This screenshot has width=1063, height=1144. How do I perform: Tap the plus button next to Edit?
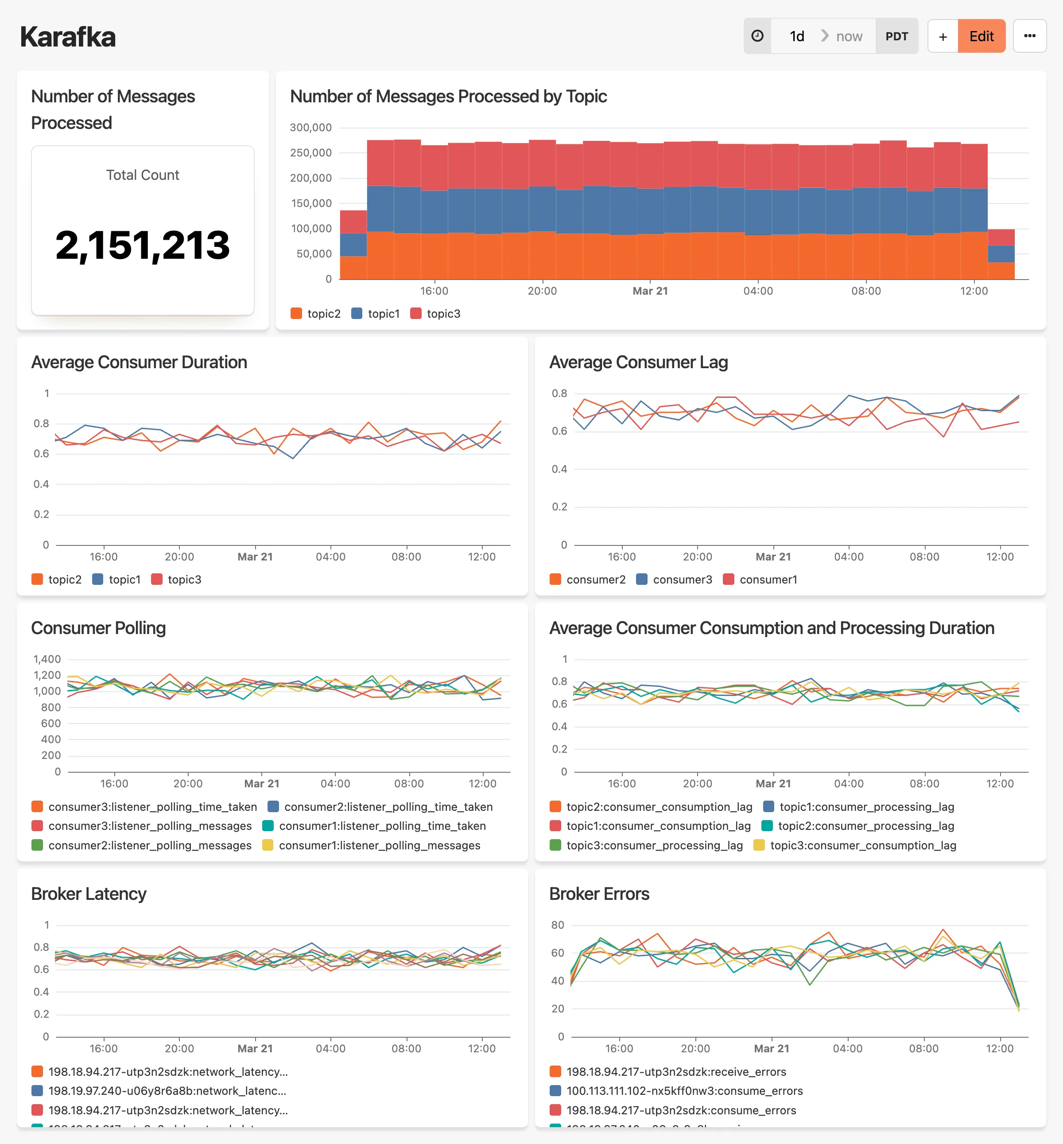942,36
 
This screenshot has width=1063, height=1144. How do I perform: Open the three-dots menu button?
1029,36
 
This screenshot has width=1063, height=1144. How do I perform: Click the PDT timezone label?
896,36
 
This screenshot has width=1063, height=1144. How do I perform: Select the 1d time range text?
797,36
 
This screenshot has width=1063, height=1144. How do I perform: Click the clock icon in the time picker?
757,36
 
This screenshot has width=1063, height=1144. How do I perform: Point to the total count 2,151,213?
143,245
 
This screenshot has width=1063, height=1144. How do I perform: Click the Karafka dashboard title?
68,37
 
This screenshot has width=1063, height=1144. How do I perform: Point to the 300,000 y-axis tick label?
310,127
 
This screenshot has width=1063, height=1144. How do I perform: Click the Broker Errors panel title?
599,894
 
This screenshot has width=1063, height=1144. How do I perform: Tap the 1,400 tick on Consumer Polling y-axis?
47,659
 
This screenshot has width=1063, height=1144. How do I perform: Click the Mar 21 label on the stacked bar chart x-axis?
650,291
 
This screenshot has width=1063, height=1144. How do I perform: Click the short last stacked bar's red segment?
1001,237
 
